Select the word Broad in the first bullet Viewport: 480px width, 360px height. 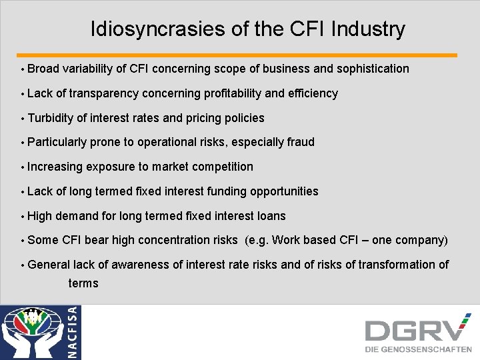click(43, 69)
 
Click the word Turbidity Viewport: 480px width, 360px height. click(51, 118)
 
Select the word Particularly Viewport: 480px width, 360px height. click(57, 142)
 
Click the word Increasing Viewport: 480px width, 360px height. click(55, 167)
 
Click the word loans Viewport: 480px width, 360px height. click(271, 216)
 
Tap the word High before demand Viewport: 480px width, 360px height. click(40, 216)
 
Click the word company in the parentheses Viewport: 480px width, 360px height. click(419, 240)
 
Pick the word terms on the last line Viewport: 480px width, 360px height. click(83, 283)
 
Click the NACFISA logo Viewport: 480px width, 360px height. click(40, 331)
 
